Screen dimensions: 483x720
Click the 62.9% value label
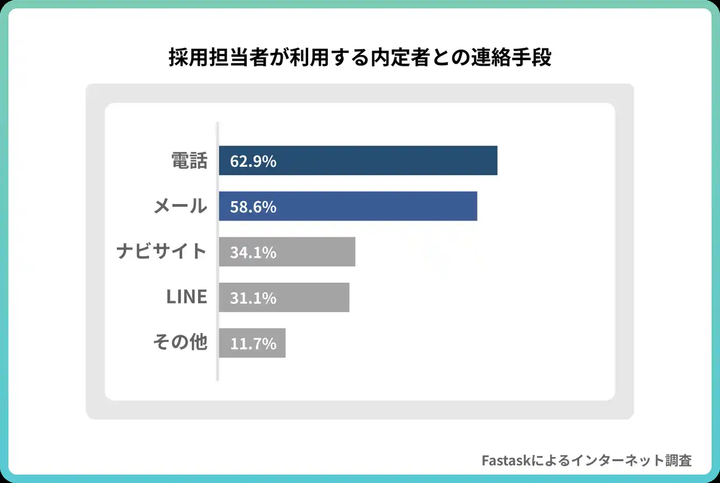pos(253,161)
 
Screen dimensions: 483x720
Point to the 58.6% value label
pos(253,207)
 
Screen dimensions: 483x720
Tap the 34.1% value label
pos(253,252)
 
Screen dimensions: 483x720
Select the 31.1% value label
pos(253,298)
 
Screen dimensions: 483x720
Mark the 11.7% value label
pos(253,344)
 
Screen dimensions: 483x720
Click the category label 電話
pos(189,161)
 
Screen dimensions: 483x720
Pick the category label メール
pos(181,207)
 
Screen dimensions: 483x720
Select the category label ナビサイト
pos(162,252)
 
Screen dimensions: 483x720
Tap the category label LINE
pos(187,297)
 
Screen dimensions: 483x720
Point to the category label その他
pos(181,342)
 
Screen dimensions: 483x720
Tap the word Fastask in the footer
pos(506,461)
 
